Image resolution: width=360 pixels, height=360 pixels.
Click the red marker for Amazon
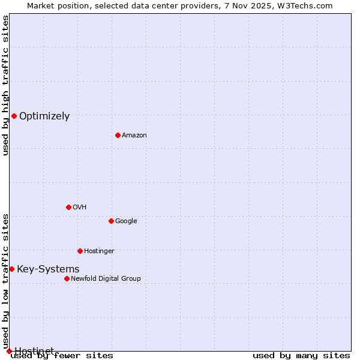(118, 135)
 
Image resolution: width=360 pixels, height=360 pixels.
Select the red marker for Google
(111, 221)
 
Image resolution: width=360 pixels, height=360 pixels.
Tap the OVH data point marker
(68, 207)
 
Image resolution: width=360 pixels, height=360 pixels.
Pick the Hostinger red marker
(80, 251)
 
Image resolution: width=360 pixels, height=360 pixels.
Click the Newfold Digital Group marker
(67, 278)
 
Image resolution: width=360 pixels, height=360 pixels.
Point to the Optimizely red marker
(14, 116)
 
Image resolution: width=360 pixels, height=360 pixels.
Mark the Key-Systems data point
(11, 269)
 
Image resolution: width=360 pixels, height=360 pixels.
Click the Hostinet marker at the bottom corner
(9, 351)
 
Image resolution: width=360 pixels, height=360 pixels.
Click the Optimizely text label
(44, 116)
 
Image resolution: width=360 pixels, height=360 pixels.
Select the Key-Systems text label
(48, 269)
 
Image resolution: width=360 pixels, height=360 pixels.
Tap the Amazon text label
(134, 136)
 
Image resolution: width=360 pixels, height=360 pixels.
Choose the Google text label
(126, 221)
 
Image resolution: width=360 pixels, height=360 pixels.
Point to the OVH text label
(80, 208)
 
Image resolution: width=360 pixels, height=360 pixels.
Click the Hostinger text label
(99, 251)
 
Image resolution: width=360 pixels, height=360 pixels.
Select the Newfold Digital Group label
(106, 279)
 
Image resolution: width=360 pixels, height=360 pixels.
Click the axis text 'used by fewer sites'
(62, 356)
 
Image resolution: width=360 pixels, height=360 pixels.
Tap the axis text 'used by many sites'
(301, 356)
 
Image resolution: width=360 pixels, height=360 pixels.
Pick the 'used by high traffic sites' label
(6, 85)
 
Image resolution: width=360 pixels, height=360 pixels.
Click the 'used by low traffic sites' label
(6, 281)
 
